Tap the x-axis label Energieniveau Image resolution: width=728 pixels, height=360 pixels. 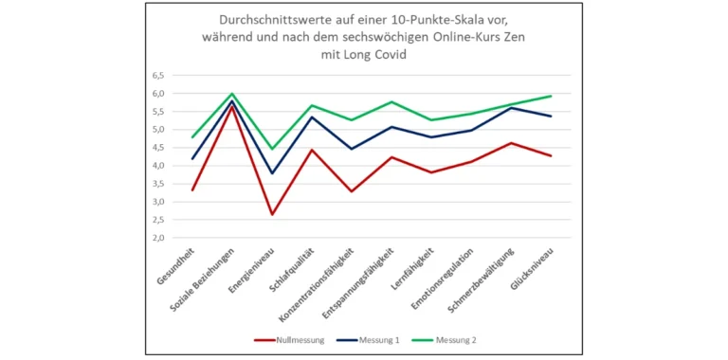254,271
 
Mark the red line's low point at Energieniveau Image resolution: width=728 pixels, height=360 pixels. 272,214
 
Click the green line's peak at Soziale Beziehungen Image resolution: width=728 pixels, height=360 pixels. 232,94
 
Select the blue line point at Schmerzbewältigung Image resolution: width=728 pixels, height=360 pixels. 512,108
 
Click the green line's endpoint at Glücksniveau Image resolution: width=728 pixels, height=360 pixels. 552,96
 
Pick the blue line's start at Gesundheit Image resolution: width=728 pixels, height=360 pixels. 192,159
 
